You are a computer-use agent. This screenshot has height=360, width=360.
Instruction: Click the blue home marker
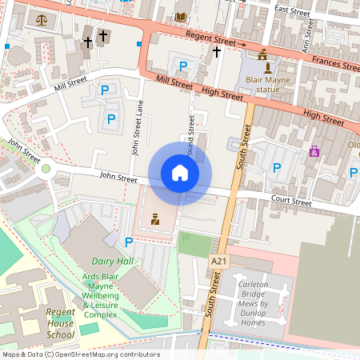coord(180,173)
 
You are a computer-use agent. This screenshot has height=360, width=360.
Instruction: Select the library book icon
coord(180,17)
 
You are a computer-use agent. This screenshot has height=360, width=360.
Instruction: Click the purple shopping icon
coord(314,150)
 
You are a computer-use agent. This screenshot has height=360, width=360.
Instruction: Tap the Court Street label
coord(290,203)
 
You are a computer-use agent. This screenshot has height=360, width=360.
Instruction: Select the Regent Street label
coord(210,40)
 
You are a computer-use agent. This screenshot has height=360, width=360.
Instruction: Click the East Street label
coord(291,9)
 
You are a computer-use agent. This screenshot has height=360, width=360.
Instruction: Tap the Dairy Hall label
coord(112,262)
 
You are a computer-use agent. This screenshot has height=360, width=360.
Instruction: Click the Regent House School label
coord(60,323)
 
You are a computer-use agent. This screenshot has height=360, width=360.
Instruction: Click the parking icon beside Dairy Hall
coord(128,242)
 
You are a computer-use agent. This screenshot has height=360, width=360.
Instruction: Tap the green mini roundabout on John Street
coord(46,168)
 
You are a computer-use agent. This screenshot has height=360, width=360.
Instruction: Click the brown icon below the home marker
coord(155,218)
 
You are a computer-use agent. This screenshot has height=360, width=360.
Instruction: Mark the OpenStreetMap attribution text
coord(80,354)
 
